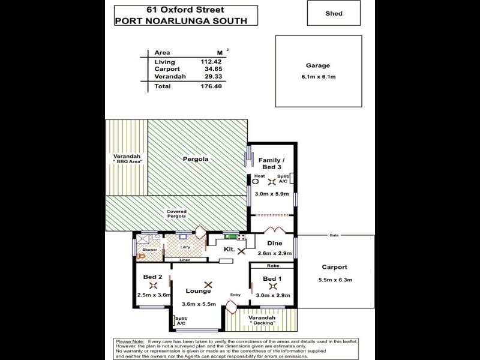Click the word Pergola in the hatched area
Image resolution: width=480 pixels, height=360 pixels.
point(196,159)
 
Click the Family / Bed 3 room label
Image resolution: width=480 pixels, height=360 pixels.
point(271,163)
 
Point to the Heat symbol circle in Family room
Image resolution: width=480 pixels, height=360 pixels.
point(256,182)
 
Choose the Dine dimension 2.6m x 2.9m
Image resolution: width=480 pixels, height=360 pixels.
point(275,254)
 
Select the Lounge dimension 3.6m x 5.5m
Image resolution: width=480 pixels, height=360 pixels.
point(198,304)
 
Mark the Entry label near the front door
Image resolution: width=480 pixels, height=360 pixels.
point(235,295)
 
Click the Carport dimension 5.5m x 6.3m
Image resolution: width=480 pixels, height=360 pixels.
point(334,280)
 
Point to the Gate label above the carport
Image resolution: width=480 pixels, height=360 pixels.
point(332,236)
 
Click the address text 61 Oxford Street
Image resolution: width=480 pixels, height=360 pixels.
point(187,10)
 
